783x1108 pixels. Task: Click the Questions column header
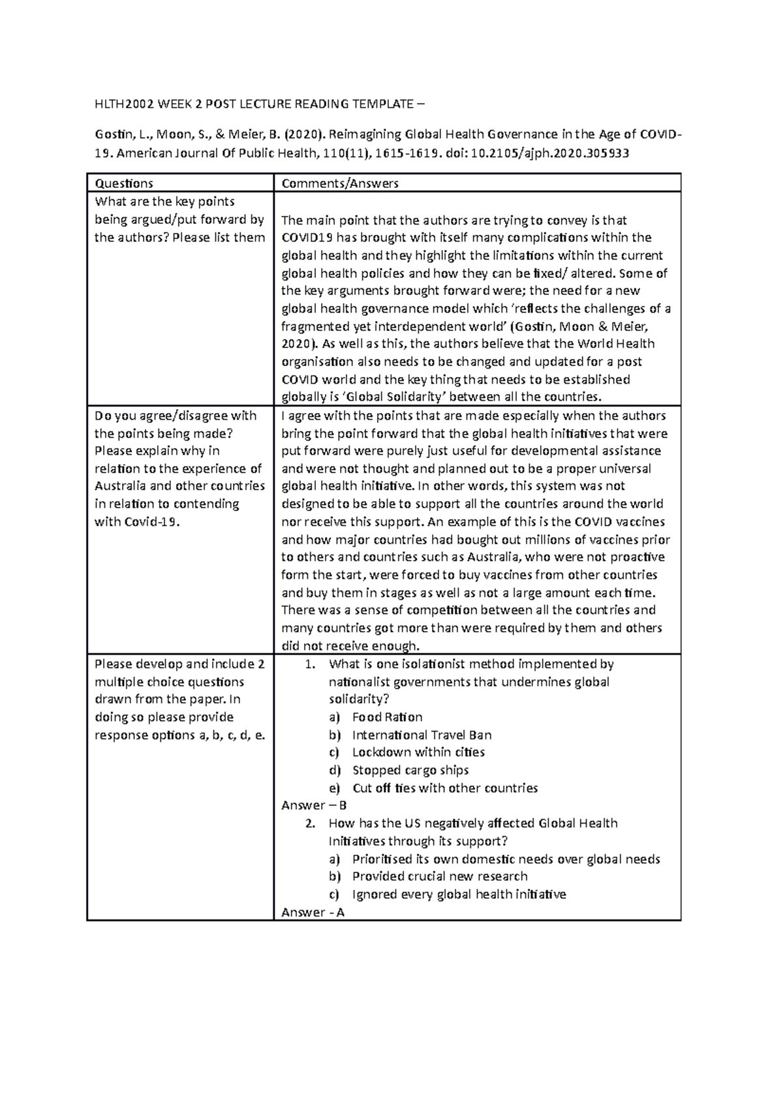[124, 183]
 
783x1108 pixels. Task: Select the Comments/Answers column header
[339, 183]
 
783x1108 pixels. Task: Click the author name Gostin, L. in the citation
[116, 136]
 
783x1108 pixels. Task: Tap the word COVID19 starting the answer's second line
[304, 238]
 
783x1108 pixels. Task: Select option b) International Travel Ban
[422, 735]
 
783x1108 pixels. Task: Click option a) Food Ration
[387, 717]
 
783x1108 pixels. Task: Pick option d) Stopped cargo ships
[410, 770]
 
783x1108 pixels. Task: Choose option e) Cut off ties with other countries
[444, 788]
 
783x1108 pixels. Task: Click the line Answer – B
[314, 806]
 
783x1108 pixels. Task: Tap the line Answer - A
[313, 912]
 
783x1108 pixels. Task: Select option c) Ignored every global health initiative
[459, 895]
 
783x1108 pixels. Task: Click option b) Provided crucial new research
[439, 876]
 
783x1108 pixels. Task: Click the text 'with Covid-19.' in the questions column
[136, 521]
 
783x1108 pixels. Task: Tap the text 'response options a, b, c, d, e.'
[179, 735]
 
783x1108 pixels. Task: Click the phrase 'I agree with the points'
[336, 416]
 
